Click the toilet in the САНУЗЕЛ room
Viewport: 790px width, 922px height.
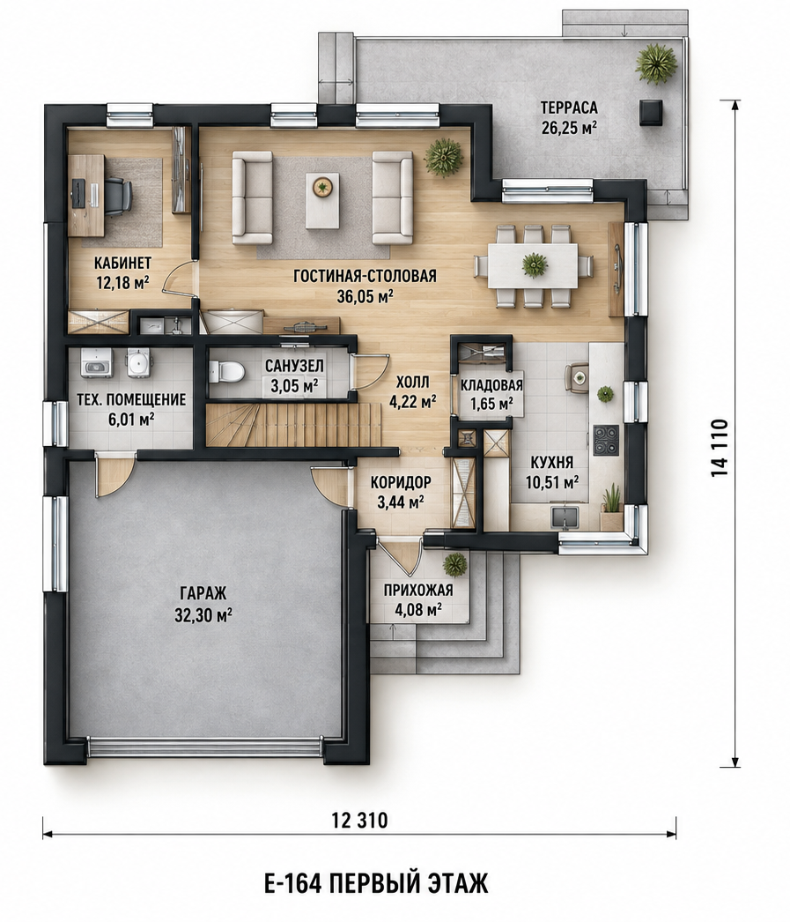pos(227,370)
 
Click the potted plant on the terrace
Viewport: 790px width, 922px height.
pos(656,63)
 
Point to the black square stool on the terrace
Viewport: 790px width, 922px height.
pos(651,112)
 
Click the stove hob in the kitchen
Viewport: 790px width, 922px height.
pos(606,441)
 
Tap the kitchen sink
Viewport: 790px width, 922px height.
pos(565,517)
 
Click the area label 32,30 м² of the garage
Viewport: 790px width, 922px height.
pos(203,615)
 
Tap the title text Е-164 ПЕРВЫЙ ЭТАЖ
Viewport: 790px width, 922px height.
pos(376,883)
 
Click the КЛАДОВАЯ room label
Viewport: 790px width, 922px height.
pos(491,386)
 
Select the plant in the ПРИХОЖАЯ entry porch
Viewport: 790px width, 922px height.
pos(454,564)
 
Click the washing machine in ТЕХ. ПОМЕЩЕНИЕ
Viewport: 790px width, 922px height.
pos(97,361)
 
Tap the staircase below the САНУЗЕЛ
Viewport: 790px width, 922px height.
pos(292,425)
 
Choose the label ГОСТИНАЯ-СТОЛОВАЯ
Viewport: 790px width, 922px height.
pos(365,276)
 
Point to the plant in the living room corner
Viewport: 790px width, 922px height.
pos(444,157)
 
